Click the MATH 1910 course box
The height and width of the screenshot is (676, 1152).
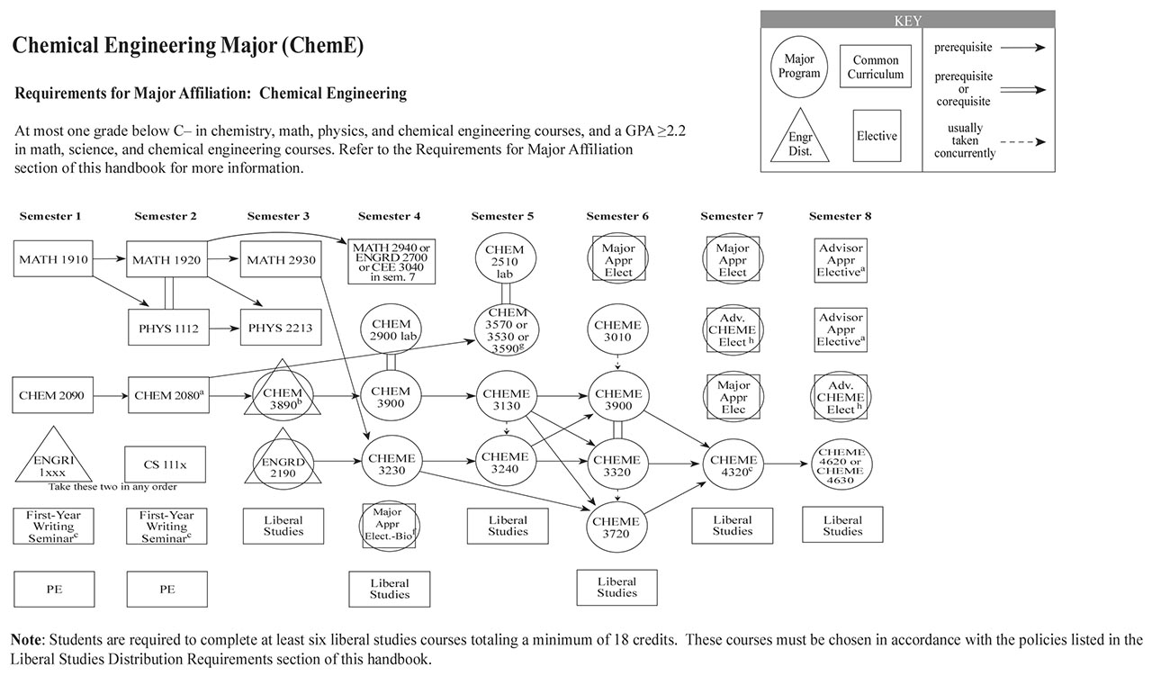53,259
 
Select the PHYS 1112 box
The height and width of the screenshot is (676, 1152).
166,328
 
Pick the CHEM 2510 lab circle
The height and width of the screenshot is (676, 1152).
504,261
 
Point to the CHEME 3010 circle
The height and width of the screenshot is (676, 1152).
618,330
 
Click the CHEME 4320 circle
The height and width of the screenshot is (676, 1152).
733,464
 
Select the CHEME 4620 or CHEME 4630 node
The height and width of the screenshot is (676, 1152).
842,465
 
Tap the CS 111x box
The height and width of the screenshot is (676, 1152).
166,464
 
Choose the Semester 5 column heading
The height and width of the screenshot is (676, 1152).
503,216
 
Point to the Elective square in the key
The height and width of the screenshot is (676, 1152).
877,136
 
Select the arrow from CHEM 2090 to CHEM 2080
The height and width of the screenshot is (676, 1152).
110,395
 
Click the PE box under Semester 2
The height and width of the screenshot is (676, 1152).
166,590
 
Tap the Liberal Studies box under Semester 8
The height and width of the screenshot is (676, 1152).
842,525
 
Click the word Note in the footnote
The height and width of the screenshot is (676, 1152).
26,640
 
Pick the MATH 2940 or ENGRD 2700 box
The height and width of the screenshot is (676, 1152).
391,261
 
